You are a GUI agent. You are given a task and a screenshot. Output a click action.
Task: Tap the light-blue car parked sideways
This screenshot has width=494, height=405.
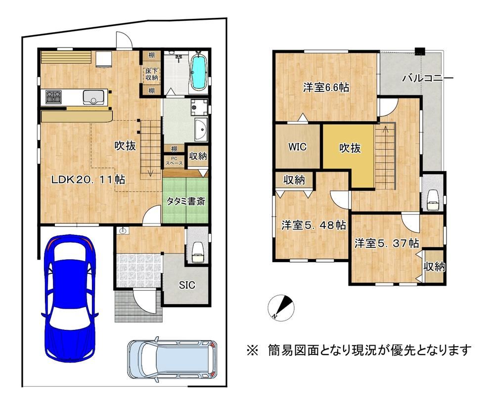[x=172, y=360]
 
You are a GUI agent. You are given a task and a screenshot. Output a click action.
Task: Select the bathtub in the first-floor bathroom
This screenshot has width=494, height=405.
[x=198, y=72]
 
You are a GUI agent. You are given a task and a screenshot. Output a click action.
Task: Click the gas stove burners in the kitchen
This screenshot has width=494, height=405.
[x=53, y=97]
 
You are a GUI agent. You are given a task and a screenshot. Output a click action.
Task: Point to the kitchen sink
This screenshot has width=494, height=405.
[x=93, y=97]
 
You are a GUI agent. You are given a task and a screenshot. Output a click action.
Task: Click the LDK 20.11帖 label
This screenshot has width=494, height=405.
[x=88, y=180]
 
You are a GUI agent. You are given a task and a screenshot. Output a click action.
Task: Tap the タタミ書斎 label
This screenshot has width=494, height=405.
[x=185, y=201]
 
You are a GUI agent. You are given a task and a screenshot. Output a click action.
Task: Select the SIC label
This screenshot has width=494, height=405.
[x=187, y=285]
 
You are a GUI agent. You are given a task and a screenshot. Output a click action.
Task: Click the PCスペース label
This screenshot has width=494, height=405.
[x=174, y=161]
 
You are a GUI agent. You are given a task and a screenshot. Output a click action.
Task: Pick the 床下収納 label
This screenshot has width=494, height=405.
[x=151, y=74]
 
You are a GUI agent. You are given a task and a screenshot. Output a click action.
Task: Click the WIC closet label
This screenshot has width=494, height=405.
[x=297, y=147]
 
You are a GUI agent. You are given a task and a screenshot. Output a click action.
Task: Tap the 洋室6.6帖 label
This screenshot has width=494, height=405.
[x=326, y=88]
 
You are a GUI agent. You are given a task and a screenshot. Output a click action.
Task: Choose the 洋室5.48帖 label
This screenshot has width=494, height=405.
[x=314, y=225]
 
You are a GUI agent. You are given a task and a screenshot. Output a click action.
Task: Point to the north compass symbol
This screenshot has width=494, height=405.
[x=281, y=307]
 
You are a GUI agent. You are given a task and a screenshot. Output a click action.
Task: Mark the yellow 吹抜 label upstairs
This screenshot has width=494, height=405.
[x=350, y=148]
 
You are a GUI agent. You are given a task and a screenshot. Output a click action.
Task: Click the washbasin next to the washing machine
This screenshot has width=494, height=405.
[x=201, y=130]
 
